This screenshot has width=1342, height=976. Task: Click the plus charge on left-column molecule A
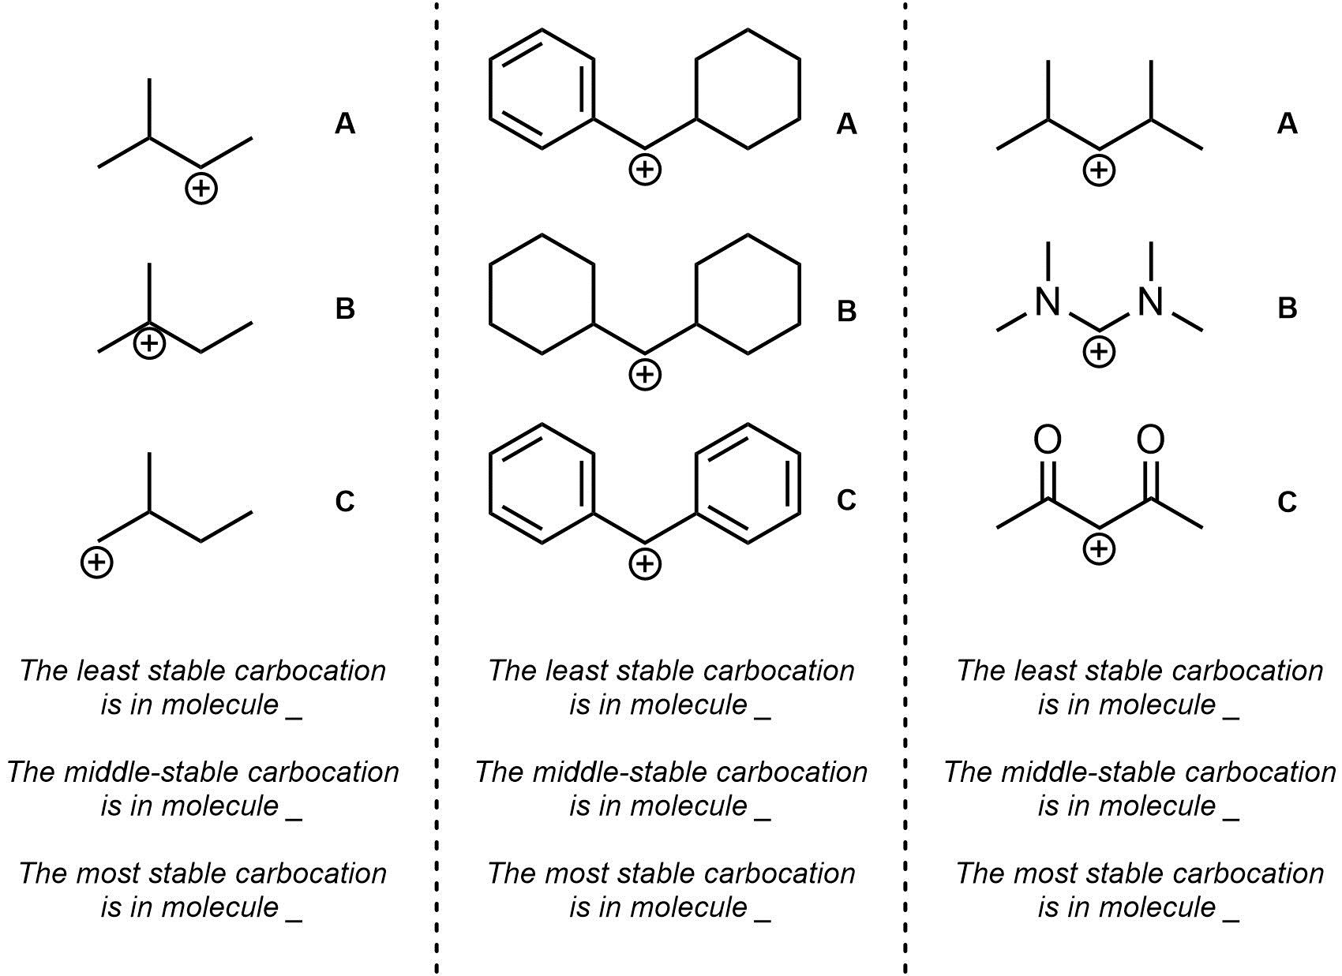click(201, 189)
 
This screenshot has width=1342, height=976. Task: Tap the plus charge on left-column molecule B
click(149, 343)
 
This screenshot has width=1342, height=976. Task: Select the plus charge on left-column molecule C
click(97, 563)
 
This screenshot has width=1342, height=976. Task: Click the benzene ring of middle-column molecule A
click(542, 89)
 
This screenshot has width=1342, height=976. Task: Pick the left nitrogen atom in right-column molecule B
click(1048, 302)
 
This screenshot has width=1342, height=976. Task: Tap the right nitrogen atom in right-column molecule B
click(1151, 302)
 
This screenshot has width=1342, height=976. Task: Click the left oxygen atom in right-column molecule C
click(1048, 440)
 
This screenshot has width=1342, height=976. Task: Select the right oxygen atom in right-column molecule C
click(1151, 440)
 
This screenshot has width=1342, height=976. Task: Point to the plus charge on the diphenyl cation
click(645, 563)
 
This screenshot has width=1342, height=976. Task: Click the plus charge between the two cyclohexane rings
click(645, 375)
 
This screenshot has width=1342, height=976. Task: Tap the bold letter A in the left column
click(345, 124)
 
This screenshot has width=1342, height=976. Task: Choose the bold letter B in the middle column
click(846, 312)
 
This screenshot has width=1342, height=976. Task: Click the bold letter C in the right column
click(1287, 502)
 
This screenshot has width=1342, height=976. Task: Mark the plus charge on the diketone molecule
click(1099, 548)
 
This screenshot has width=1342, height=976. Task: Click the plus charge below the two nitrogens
click(1099, 351)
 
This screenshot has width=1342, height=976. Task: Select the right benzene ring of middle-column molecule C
click(748, 484)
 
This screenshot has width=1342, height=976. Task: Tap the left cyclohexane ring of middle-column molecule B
click(542, 294)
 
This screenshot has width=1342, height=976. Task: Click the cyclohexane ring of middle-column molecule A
click(748, 89)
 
